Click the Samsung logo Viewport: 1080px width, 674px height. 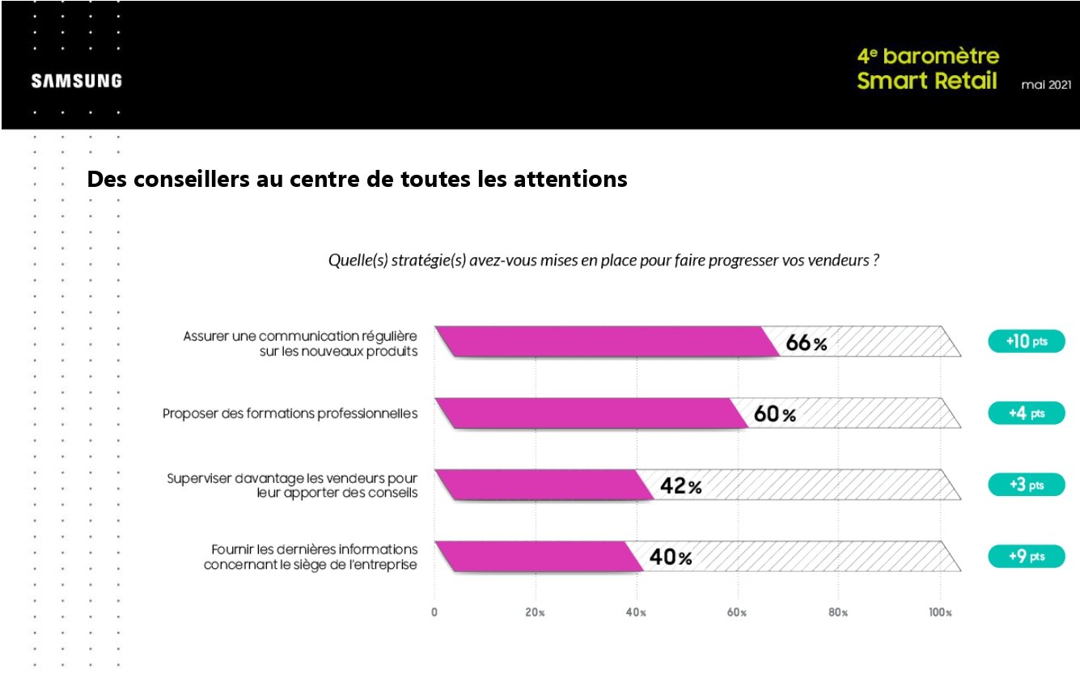(x=77, y=81)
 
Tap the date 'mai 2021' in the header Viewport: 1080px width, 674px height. (x=1047, y=85)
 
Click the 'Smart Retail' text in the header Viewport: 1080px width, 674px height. (x=927, y=82)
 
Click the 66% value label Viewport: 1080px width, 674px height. (x=807, y=344)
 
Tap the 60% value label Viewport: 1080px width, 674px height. (x=775, y=414)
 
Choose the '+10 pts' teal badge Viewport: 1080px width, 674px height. (x=1026, y=341)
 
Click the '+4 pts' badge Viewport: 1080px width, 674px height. (x=1026, y=413)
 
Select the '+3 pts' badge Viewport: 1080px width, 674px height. (x=1026, y=485)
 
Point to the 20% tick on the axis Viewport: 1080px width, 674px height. (x=536, y=613)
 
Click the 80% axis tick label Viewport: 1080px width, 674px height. (x=838, y=613)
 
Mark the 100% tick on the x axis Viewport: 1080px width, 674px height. (x=940, y=613)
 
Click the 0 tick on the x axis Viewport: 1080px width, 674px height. (x=434, y=613)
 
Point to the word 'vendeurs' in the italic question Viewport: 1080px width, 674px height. (x=842, y=261)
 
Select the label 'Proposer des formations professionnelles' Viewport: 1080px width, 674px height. (x=290, y=413)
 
